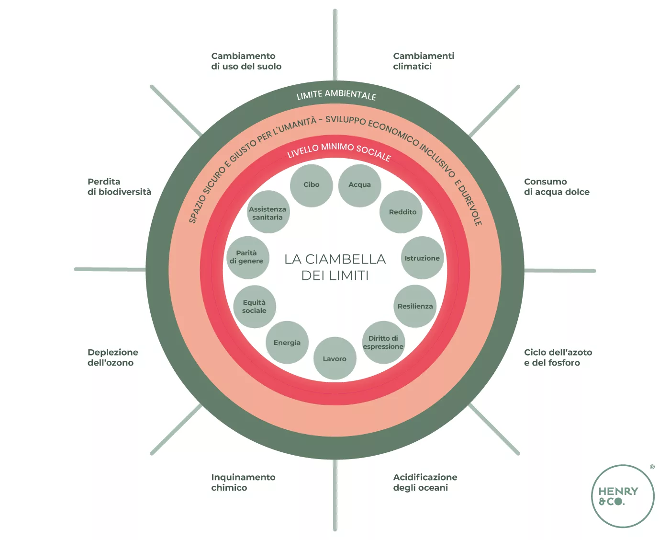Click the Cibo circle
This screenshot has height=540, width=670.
coord(311,185)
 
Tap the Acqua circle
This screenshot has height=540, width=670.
coord(359,185)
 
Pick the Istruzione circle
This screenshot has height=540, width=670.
coord(422,258)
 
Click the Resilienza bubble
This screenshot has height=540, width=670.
coord(415,306)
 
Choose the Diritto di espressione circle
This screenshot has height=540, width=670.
coord(383,342)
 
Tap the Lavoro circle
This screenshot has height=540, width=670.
coord(335,358)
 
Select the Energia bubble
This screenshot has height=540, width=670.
coord(287,342)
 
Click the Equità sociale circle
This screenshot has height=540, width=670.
coord(255,307)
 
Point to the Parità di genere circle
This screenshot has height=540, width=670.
coord(247,257)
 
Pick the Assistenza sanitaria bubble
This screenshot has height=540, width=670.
coord(268,212)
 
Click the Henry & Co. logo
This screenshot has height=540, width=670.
coord(623,496)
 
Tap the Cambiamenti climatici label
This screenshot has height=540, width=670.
coord(424,61)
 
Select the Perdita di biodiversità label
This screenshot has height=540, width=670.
coord(119,187)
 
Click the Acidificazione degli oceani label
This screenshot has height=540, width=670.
coord(425,483)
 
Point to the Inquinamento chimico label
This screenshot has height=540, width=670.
coord(243,483)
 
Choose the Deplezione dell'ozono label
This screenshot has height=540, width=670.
coord(113,357)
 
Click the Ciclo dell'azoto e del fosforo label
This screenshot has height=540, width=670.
coord(558,357)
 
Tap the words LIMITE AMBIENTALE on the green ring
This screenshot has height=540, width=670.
coord(336,95)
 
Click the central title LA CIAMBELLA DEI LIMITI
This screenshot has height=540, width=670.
coord(335,267)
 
